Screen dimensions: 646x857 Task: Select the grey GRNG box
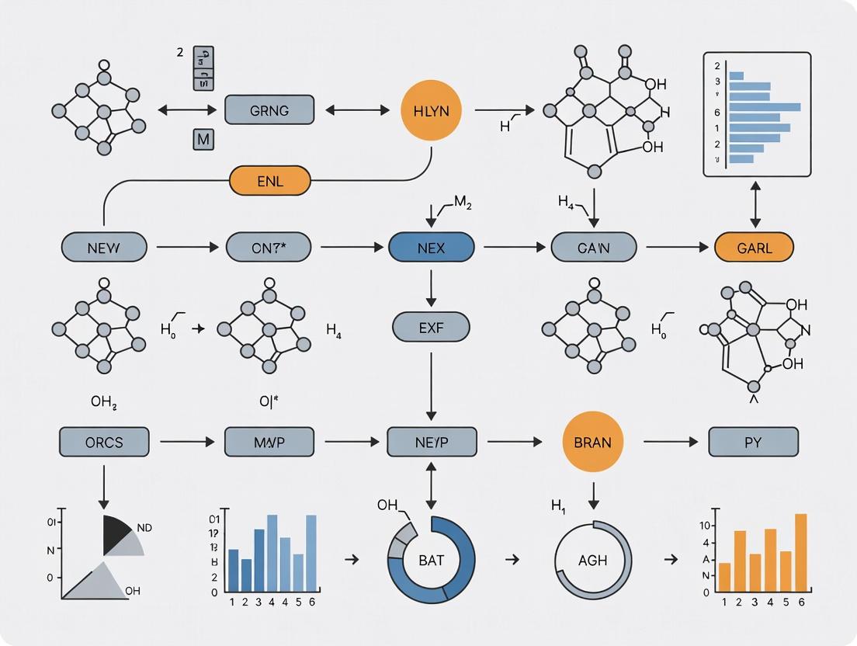(x=269, y=110)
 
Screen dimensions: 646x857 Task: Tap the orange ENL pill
(x=269, y=182)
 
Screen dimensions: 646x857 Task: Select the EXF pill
(x=431, y=326)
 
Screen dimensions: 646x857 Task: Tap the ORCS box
(x=104, y=442)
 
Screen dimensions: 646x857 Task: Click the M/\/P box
(x=269, y=442)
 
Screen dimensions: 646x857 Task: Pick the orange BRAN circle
(x=593, y=442)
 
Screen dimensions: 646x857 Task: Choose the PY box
(x=753, y=442)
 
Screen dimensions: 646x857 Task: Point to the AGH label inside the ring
(x=593, y=561)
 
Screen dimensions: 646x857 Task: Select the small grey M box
(x=203, y=140)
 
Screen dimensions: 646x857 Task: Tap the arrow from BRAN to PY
(x=671, y=442)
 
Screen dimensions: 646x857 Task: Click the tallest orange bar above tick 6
(x=800, y=552)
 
